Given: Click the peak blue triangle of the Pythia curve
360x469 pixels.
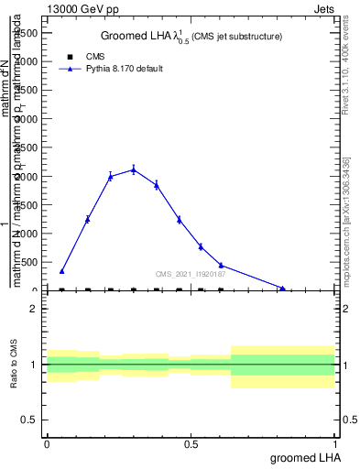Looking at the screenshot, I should coord(134,169).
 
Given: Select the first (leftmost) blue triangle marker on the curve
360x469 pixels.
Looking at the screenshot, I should coord(62,271).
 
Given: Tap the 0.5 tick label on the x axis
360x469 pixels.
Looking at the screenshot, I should coord(191,443).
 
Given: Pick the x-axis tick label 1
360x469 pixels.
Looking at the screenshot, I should coord(336,443).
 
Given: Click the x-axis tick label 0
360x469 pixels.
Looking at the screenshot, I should coord(47,443).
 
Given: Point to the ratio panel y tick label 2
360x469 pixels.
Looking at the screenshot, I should coord(34,310).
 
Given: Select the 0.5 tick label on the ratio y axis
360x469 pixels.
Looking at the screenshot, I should coord(30,420).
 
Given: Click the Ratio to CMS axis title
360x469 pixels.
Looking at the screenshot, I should coord(14,365).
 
